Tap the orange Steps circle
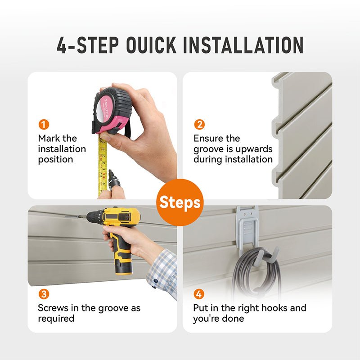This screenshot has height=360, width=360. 180,202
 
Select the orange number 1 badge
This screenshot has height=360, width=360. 44,125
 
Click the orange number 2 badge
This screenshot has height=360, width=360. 199,125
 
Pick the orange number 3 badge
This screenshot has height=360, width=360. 44,294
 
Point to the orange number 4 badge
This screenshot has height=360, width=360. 199,294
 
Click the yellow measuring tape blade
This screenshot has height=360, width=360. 103,165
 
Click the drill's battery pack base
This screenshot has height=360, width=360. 124,268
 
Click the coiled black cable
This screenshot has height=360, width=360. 256,271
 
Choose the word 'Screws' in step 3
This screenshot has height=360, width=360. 53,308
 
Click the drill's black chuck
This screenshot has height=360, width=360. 94,216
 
